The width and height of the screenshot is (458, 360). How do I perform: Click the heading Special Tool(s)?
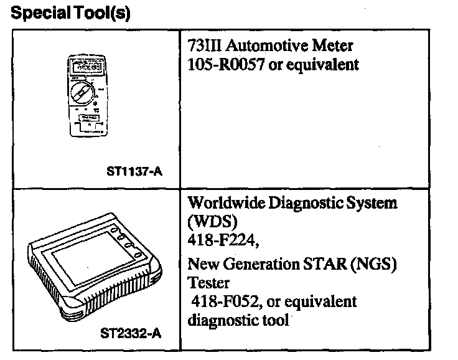tap(70, 13)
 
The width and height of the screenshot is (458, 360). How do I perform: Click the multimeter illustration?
tap(88, 96)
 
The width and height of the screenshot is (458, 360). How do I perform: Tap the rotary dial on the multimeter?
tap(82, 93)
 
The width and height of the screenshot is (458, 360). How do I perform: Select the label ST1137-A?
tap(134, 171)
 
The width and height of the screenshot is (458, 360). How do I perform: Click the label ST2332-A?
tap(131, 333)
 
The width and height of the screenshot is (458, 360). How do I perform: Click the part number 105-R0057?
tap(226, 64)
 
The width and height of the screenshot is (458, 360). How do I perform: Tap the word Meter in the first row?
tap(332, 45)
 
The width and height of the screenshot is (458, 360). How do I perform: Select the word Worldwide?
tap(226, 202)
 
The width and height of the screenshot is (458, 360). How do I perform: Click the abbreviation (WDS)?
tap(212, 221)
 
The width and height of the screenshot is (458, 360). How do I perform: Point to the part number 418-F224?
tap(223, 240)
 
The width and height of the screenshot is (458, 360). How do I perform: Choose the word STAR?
tap(324, 264)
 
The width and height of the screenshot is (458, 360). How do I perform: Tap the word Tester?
tap(208, 283)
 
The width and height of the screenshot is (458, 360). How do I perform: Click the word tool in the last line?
tap(276, 320)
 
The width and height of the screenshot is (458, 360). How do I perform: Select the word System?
tap(372, 203)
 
